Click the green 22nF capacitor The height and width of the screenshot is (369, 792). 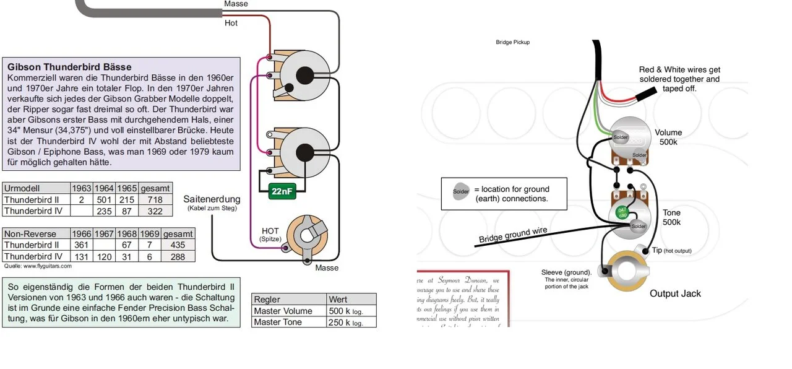point(282,192)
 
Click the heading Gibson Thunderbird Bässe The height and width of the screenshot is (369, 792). point(69,67)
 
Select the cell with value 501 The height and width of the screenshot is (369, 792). point(104,199)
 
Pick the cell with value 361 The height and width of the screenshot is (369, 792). point(81,245)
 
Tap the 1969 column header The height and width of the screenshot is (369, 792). point(149,234)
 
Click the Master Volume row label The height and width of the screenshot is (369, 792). point(283,311)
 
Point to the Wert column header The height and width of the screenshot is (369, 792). point(338,300)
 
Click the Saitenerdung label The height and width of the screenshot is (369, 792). point(212,199)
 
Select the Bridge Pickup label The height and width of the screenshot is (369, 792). point(513,43)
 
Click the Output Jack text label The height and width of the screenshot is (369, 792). point(675,293)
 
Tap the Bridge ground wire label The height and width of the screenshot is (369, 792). point(512,235)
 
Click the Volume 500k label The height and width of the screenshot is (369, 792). point(668,137)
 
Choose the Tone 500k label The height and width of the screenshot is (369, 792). point(671,217)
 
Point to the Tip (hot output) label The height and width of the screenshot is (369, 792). point(671,251)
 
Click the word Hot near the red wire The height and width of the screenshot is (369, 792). point(231,24)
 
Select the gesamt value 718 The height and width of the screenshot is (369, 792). point(156,199)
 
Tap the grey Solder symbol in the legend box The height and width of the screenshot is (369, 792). point(461,191)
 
